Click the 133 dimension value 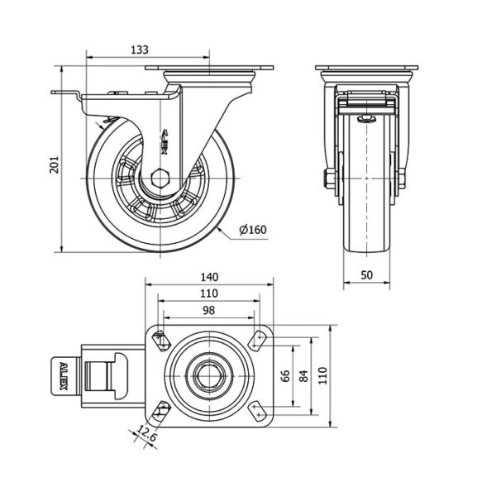coord(141,50)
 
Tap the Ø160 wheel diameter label coord(256,229)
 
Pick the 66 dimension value coord(284,378)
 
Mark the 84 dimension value coord(304,378)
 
